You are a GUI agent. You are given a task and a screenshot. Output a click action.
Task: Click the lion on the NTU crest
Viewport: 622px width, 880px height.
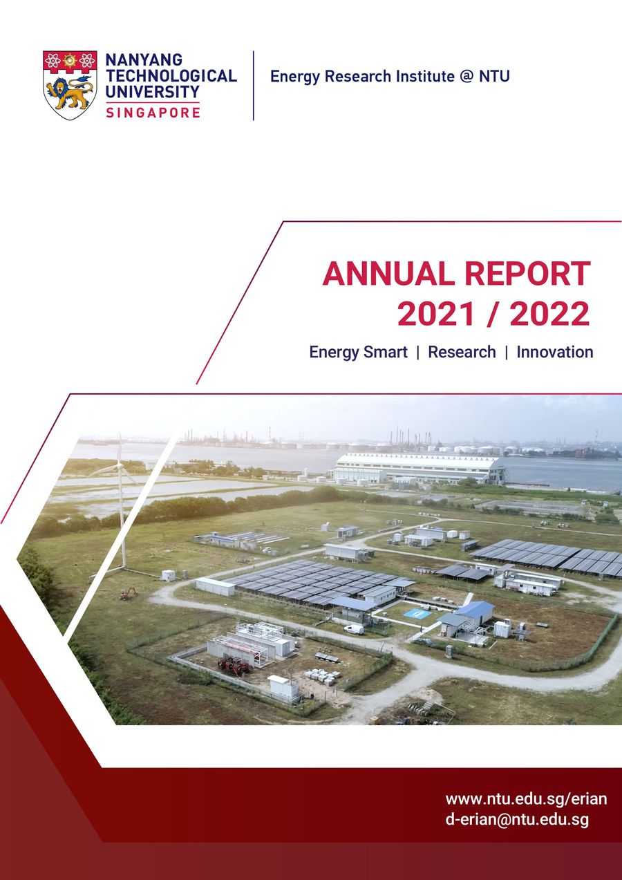69,93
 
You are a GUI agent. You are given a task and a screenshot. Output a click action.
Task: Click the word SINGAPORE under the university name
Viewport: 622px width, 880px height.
153,112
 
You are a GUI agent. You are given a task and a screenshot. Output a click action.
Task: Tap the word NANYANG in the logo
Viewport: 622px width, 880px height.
143,60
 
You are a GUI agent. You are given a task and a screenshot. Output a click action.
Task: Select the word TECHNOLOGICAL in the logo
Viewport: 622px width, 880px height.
171,75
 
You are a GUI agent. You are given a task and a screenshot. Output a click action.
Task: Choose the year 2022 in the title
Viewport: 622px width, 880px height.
550,315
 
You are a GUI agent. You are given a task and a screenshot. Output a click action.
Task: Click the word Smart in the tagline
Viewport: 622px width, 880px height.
386,352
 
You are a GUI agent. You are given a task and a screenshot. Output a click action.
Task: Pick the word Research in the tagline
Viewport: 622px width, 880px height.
462,352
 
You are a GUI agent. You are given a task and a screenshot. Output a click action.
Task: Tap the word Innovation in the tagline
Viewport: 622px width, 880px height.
555,352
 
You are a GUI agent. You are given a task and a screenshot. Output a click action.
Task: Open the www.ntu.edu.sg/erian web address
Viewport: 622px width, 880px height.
526,799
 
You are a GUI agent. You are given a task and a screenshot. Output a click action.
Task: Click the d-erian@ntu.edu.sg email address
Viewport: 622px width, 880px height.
517,821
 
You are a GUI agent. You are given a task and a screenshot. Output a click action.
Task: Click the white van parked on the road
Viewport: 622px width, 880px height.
353,629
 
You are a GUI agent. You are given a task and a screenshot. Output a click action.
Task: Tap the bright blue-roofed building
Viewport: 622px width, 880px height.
475,610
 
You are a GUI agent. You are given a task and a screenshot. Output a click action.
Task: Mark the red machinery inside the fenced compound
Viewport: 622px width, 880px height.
234,666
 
